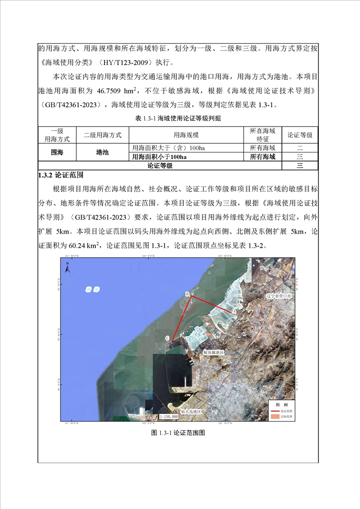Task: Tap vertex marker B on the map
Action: pyautogui.click(x=187, y=294)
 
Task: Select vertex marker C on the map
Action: pyautogui.click(x=168, y=338)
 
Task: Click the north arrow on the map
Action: pyautogui.click(x=67, y=268)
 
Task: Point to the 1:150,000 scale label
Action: pyautogui.click(x=168, y=416)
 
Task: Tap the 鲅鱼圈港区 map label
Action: pyautogui.click(x=213, y=352)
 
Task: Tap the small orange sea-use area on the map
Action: pyautogui.click(x=207, y=333)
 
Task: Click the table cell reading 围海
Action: pyautogui.click(x=58, y=152)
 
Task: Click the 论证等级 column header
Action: pyautogui.click(x=300, y=135)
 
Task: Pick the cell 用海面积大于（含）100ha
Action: pyautogui.click(x=160, y=148)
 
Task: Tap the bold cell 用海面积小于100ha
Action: pyautogui.click(x=159, y=157)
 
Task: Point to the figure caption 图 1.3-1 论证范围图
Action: pyautogui.click(x=178, y=433)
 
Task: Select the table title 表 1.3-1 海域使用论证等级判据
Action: pyautogui.click(x=178, y=118)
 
